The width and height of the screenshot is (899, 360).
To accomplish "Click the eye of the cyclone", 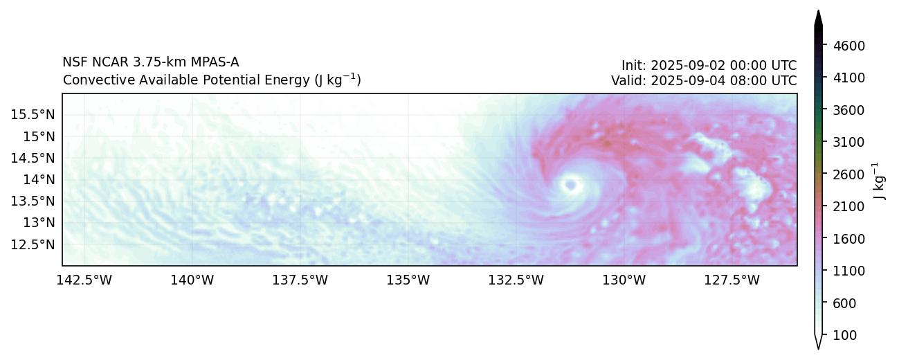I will point(571,184).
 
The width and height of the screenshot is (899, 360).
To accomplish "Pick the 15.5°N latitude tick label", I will point(33,114).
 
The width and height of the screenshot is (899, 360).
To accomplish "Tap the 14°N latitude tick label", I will point(39,179).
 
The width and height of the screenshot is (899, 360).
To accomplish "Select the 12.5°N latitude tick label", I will point(33,244).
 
